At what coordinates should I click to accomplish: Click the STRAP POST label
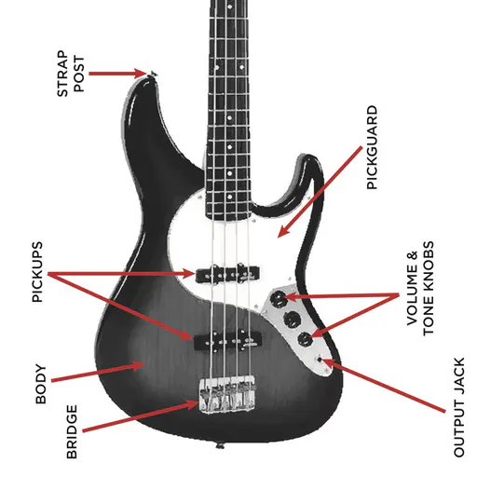pos(71,74)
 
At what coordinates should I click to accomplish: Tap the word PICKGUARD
pos(372,147)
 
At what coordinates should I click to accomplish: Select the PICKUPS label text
pos(37,272)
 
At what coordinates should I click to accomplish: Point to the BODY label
pos(41,384)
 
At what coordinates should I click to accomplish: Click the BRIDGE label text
pos(72,431)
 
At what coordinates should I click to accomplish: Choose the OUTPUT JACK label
pos(459,407)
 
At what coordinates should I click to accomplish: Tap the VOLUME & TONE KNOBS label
pos(420,288)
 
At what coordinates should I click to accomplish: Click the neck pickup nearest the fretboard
pos(227,274)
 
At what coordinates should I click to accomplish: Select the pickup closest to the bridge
pos(228,340)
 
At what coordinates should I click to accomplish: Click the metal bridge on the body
pos(227,394)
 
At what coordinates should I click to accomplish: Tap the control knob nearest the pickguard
pos(279,299)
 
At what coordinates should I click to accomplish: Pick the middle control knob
pos(293,319)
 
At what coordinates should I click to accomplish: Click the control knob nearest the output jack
pos(305,339)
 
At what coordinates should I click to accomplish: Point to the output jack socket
pos(320,360)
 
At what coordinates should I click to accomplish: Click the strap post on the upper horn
pos(154,74)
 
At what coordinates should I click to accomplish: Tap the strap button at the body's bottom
pos(220,446)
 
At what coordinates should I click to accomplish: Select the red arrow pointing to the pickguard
pos(320,192)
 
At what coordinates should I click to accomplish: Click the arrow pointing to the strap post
pos(117,74)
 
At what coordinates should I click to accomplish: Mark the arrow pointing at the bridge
pos(141,416)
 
